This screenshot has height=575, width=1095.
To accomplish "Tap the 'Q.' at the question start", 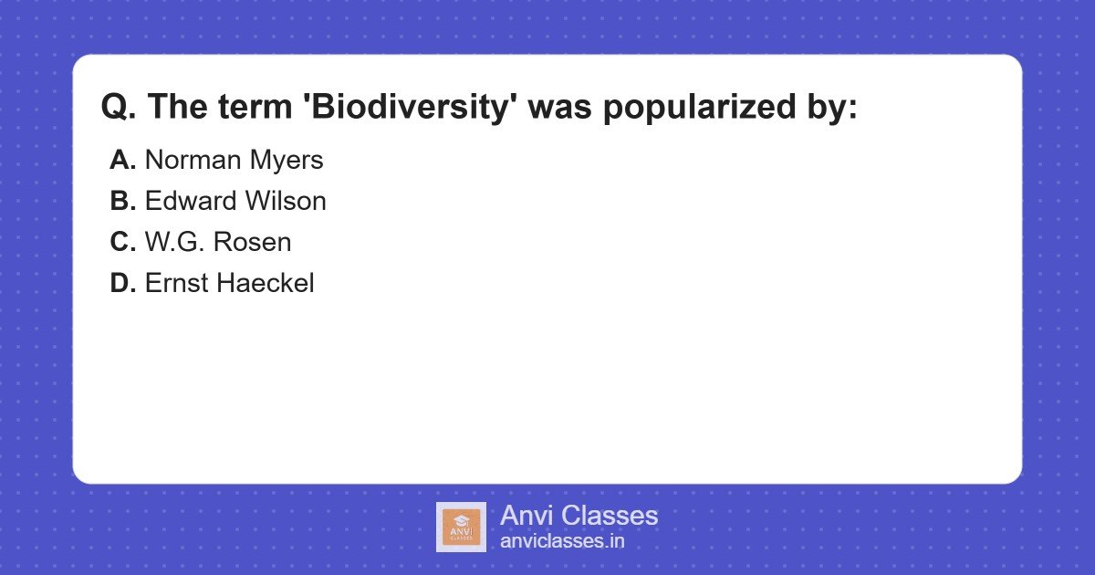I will click(119, 108).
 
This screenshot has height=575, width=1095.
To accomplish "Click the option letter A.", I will click(122, 161).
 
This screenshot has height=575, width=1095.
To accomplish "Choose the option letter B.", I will click(122, 202).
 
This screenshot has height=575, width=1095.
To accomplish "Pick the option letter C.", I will click(122, 243).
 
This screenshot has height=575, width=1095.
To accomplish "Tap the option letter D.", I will click(122, 284).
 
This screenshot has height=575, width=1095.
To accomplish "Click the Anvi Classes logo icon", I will click(461, 527).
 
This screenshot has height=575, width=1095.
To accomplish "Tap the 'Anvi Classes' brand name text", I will click(579, 516).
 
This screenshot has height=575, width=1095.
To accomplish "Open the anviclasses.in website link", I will click(562, 541).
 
